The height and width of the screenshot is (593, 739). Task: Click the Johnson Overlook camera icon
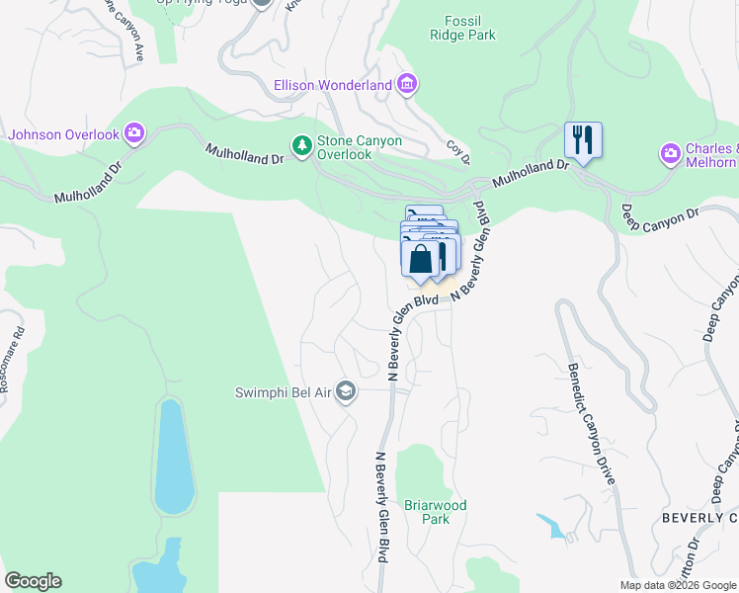point(134,134)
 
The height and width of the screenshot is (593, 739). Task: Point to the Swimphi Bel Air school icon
point(345,392)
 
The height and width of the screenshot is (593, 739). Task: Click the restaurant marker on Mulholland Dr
point(583,140)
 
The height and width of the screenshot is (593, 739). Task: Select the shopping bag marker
point(420,259)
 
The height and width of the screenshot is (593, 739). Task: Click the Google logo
point(33,581)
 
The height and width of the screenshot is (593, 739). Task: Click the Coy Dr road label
point(458,151)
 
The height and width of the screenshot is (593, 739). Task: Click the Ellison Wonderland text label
point(333,85)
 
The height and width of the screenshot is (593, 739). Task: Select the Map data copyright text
point(677,585)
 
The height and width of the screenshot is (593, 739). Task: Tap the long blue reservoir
point(171,458)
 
